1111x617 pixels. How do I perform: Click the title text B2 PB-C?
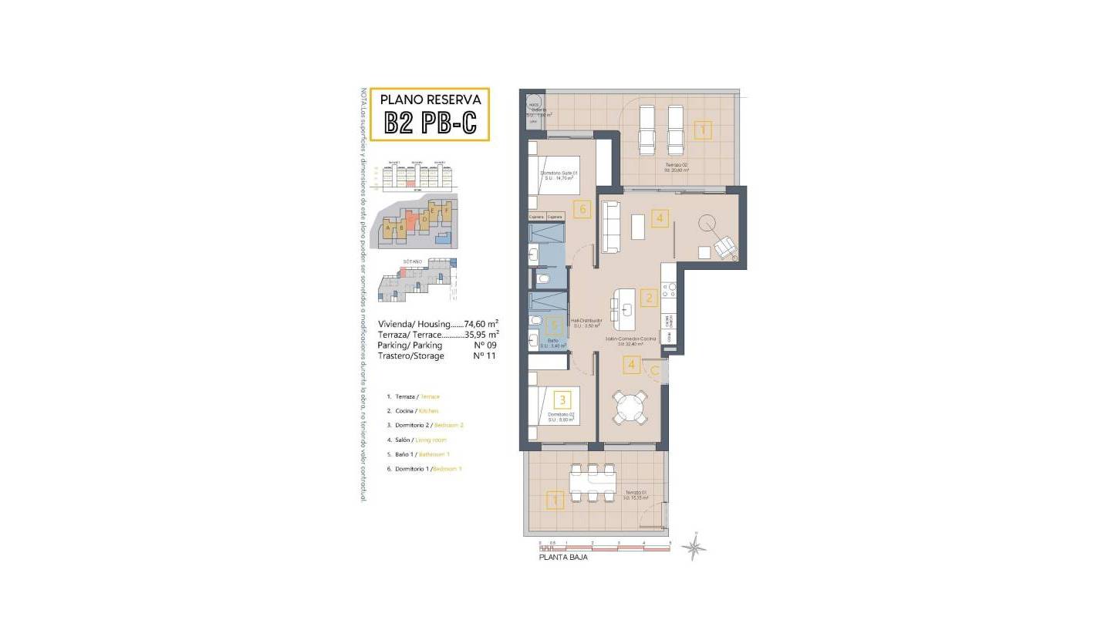coord(430,123)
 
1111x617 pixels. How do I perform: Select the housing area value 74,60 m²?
coord(481,324)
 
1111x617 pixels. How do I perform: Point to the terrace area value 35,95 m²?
coord(481,335)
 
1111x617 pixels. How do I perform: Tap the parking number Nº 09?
coord(483,346)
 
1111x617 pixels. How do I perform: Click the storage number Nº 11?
coord(483,356)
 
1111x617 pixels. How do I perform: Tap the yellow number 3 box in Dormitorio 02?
coord(563,400)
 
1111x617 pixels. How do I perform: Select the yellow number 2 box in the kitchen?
coord(650,298)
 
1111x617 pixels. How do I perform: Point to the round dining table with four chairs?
coord(631,406)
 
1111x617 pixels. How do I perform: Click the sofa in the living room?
coord(611,226)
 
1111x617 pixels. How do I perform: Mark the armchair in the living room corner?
coord(724,247)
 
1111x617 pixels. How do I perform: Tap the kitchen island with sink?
coord(627,307)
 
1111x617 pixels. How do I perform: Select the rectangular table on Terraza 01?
coord(593,482)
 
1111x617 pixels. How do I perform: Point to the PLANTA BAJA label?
coord(562,557)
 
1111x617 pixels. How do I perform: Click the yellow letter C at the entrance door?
coord(653,371)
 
